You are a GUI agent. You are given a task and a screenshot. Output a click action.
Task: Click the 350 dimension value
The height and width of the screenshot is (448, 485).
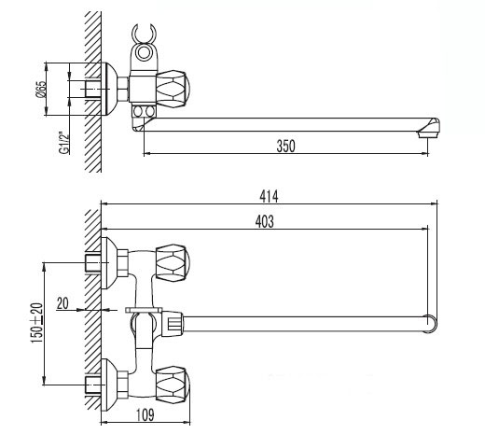pyautogui.click(x=285, y=146)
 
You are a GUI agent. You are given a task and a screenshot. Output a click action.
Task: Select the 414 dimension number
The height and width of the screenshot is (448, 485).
pyautogui.click(x=269, y=196)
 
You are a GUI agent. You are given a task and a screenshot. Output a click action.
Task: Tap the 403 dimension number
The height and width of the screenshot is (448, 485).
pyautogui.click(x=265, y=221)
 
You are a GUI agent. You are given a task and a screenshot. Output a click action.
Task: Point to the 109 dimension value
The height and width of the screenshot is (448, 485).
pyautogui.click(x=145, y=414)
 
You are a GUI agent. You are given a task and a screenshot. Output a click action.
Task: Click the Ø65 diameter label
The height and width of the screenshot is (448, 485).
pyautogui.click(x=41, y=90)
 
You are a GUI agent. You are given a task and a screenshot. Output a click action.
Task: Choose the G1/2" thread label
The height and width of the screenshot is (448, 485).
pyautogui.click(x=64, y=143)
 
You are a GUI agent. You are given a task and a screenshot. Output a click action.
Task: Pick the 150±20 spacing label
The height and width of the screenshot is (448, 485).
pyautogui.click(x=36, y=323)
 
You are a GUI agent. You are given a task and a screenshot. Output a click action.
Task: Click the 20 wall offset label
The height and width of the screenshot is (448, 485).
pyautogui.click(x=62, y=302)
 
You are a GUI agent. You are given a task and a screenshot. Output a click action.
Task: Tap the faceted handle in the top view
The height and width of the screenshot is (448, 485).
pyautogui.click(x=173, y=90)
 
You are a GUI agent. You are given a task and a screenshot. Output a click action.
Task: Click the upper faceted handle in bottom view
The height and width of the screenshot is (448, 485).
pyautogui.click(x=173, y=262)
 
